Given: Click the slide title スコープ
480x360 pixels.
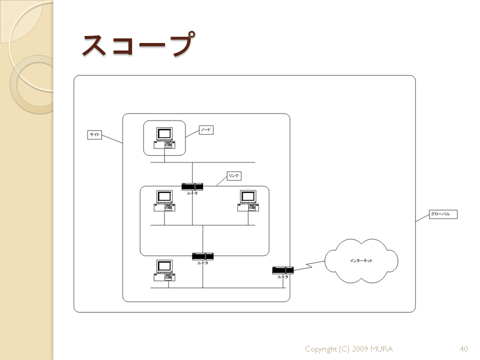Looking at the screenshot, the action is tap(138, 44).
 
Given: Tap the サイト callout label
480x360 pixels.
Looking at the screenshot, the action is tap(94, 134).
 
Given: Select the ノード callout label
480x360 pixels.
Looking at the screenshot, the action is tap(206, 130).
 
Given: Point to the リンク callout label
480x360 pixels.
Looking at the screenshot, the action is tap(234, 175).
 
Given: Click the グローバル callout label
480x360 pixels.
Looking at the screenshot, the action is tap(443, 214).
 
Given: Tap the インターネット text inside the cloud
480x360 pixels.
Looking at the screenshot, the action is tap(361, 260).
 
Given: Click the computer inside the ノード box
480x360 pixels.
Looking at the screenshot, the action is tap(164, 138).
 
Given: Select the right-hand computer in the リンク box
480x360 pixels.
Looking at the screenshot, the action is tap(248, 201).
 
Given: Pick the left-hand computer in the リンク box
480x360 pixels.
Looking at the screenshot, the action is tap(164, 201).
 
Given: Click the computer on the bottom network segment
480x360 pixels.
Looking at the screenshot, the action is tap(164, 270).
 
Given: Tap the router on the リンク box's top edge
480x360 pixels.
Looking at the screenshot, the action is tap(192, 186).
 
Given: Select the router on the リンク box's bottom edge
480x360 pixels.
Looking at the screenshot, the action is tap(202, 256).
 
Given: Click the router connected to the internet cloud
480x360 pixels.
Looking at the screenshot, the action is tap(283, 270).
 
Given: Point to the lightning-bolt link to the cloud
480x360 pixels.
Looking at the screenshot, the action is tap(309, 265).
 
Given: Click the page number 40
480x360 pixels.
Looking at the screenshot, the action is tap(464, 348).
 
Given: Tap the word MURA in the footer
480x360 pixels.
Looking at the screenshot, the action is tap(381, 348).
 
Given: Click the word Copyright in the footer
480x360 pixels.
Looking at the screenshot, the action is tap(321, 349).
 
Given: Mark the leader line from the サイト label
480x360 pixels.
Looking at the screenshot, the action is tap(112, 139).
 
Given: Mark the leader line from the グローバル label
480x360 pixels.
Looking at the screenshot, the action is tap(422, 218).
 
